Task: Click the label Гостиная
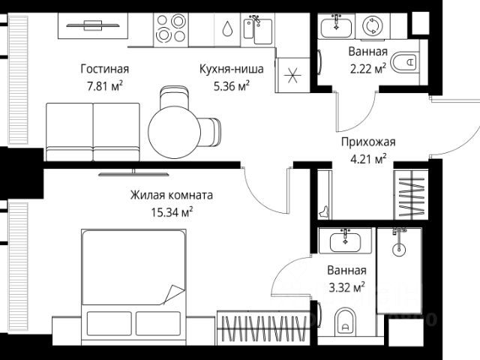(x=104, y=70)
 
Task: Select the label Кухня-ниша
(x=232, y=70)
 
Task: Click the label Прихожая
(x=367, y=142)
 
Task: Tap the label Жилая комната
(x=172, y=195)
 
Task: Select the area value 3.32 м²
(x=346, y=286)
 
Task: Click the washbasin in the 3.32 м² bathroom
(x=344, y=242)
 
